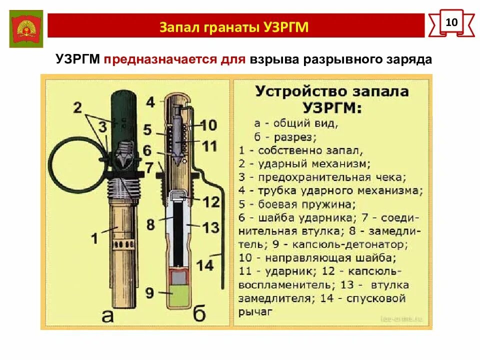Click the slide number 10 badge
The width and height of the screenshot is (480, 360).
[x=451, y=22]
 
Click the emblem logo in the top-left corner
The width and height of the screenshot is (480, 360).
[x=25, y=28]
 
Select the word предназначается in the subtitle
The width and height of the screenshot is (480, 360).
[x=174, y=59]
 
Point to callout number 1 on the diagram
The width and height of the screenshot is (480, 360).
[x=94, y=237]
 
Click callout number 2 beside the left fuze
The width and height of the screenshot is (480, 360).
[x=77, y=106]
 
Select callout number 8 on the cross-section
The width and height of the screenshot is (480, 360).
[x=150, y=223]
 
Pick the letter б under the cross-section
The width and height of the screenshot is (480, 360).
[x=199, y=315]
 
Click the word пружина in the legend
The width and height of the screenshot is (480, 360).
[x=332, y=204]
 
